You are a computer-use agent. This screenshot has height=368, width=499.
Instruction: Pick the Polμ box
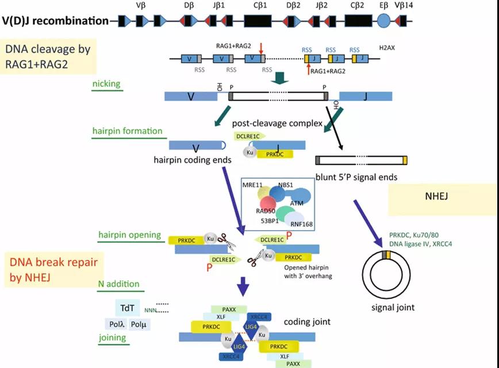[140, 324]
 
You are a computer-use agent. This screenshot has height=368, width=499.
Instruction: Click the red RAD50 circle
[268, 204]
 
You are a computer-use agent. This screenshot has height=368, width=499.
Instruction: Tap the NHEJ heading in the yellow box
[441, 197]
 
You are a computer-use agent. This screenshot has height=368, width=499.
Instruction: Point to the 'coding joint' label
[304, 321]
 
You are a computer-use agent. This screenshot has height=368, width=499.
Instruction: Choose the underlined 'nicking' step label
[106, 84]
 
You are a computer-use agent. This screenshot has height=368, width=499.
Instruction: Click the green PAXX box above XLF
[228, 309]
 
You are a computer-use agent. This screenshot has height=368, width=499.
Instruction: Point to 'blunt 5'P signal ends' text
[356, 177]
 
